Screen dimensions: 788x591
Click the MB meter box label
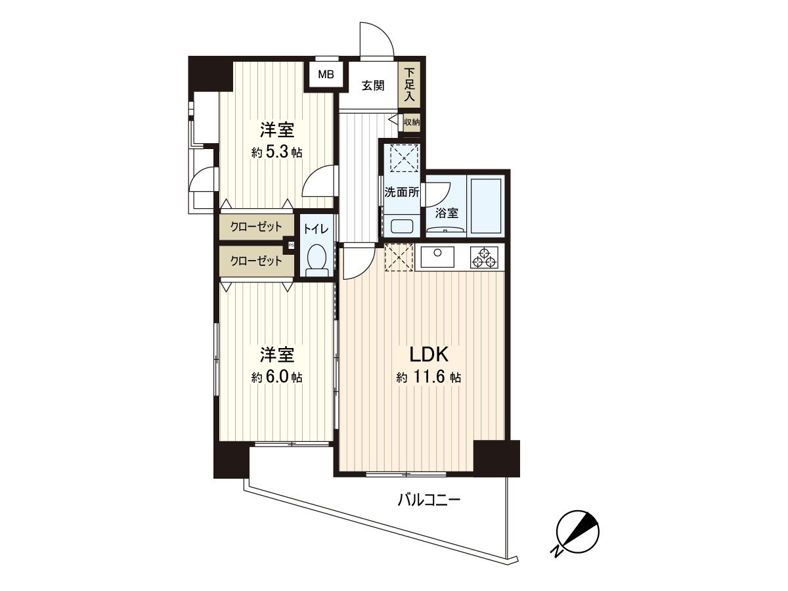pos(326,75)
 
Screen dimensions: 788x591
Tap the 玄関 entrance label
pos(373,86)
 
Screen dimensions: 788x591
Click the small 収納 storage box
pos(412,122)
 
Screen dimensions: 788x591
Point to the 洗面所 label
pos(402,192)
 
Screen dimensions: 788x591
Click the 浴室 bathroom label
pos(447,213)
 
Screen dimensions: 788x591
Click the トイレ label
pos(316,229)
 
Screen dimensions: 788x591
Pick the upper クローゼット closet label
pos(256,227)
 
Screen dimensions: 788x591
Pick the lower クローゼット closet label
pos(256,261)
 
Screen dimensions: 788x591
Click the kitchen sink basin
pos(437,257)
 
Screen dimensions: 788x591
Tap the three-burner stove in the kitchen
pos(484,257)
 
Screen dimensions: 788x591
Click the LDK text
pos(429,355)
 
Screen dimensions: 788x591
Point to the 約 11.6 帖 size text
pos(429,377)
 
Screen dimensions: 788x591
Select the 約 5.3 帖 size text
pos(277,153)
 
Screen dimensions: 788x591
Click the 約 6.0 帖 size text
pos(277,377)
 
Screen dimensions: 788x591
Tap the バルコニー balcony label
pos(429,500)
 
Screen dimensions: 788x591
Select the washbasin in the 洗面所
pos(402,227)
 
